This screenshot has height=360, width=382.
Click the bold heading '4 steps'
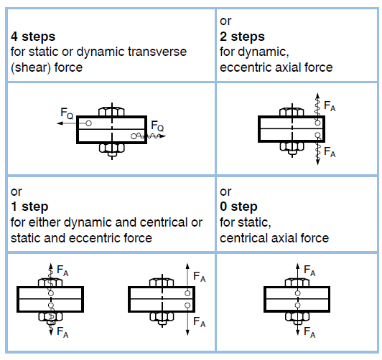pos(31,36)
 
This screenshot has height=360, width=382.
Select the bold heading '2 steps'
pos(243,36)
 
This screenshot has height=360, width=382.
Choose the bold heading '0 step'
pos(240,207)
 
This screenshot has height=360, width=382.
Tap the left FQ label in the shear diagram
pos(66,113)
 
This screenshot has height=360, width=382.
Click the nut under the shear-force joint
pos(108,148)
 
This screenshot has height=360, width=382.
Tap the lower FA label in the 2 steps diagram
pos(330,153)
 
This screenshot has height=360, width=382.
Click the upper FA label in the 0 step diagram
pos(309,270)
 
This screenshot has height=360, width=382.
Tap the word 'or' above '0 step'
pos(226,191)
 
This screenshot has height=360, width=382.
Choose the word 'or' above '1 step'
pos(16,191)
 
